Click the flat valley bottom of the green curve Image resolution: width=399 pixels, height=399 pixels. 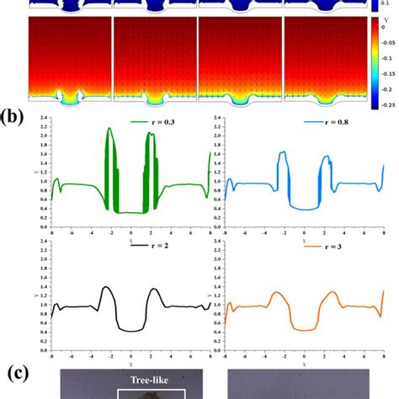(x=130, y=212)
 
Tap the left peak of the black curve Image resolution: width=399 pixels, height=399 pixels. (x=104, y=287)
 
